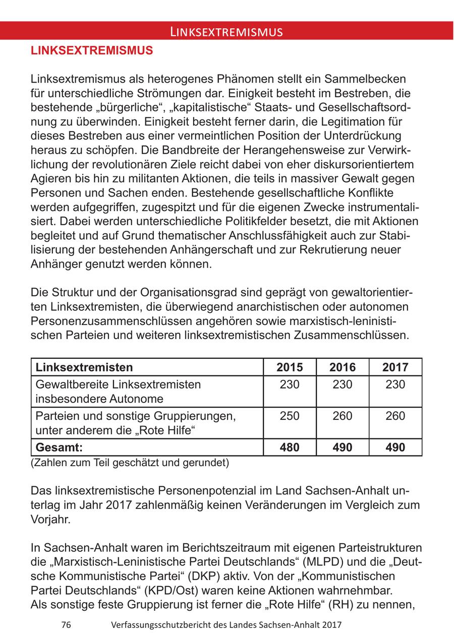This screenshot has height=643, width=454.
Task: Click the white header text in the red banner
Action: tap(226, 32)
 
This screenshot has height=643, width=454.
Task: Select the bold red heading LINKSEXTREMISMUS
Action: tap(92, 51)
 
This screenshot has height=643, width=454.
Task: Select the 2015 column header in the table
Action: tap(290, 367)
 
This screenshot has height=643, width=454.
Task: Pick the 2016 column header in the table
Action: tap(343, 367)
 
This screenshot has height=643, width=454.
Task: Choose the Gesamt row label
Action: tap(59, 447)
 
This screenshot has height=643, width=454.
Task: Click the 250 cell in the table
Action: tap(290, 416)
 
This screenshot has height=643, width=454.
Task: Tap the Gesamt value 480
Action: tap(290, 447)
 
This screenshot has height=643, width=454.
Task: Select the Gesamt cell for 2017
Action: tap(395, 447)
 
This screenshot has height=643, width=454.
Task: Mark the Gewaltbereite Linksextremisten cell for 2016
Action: tap(343, 384)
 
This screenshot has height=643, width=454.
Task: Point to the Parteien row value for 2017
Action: tap(395, 416)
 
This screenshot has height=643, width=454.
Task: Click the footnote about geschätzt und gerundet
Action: tap(130, 463)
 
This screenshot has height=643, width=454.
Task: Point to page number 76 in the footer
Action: tap(66, 625)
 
